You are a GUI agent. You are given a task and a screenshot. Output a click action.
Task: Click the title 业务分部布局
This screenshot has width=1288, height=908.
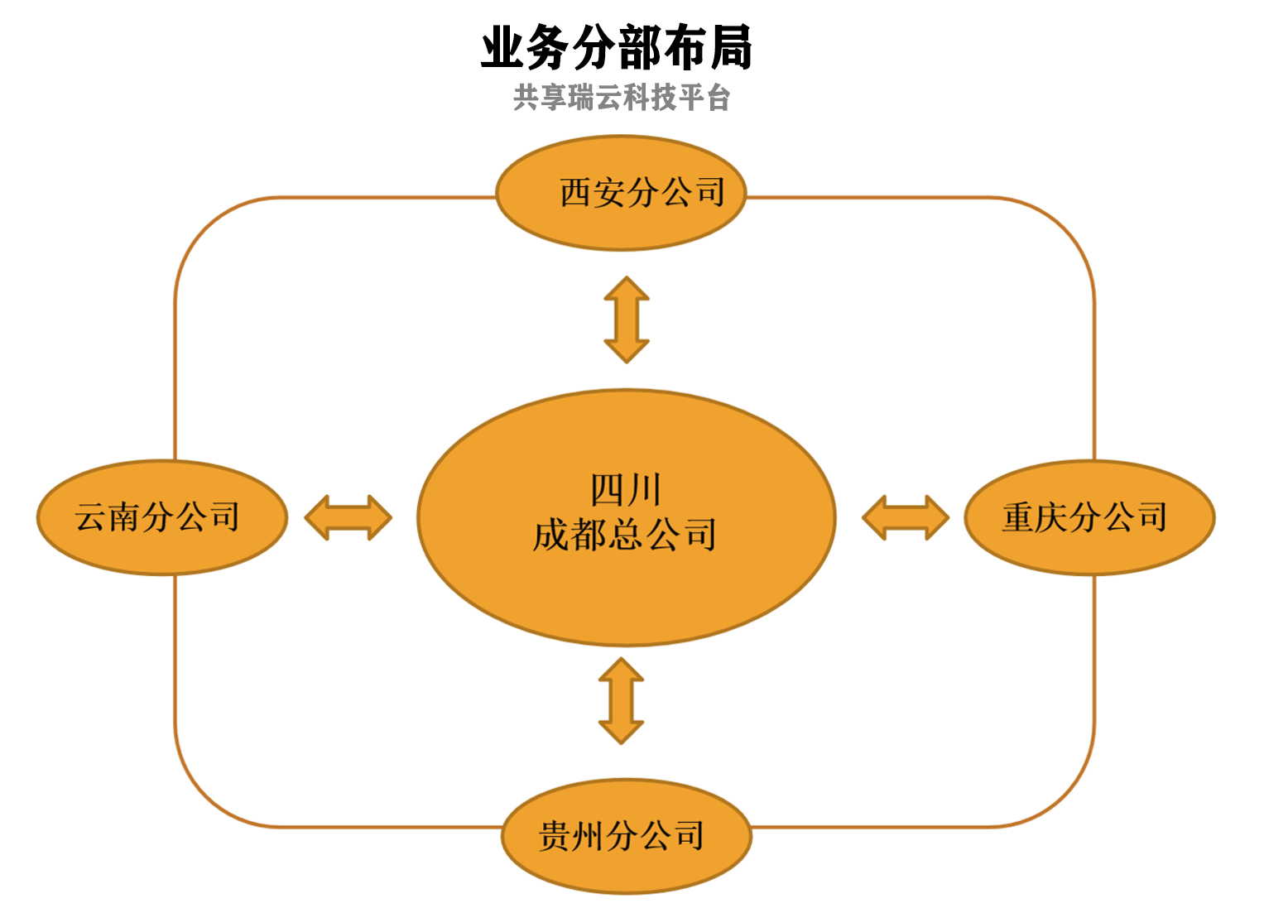(617, 47)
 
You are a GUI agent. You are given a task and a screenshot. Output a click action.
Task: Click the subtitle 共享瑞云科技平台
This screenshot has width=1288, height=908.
(622, 98)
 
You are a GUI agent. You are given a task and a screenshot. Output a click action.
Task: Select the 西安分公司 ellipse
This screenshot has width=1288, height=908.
(621, 193)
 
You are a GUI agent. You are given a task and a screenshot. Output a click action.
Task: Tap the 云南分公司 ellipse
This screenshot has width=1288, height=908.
(162, 517)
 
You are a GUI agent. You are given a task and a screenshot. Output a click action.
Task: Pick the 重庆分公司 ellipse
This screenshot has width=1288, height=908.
(1089, 517)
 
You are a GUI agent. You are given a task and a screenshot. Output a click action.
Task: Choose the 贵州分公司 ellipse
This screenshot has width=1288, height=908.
(627, 836)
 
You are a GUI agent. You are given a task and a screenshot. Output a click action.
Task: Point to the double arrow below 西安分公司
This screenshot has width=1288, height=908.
(627, 319)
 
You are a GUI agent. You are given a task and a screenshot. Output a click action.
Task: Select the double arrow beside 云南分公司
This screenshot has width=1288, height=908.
(348, 518)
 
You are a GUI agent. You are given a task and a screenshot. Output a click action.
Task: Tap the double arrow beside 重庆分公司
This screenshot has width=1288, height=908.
(906, 518)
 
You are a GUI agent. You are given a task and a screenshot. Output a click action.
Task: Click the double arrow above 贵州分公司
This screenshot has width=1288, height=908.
(622, 700)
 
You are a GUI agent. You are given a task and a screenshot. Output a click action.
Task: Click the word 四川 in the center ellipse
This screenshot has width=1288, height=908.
(626, 490)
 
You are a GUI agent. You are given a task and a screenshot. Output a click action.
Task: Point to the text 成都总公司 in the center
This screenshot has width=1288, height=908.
(624, 535)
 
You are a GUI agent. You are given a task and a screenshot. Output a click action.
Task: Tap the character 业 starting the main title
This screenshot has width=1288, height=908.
(503, 47)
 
